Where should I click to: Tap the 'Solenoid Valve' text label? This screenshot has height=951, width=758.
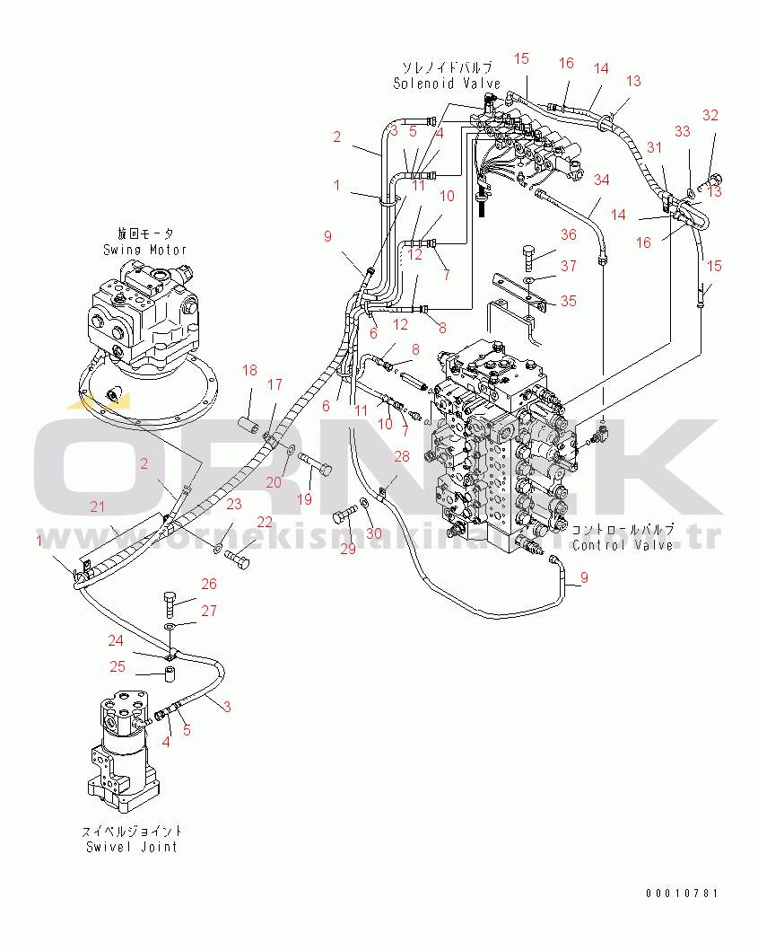click(x=446, y=84)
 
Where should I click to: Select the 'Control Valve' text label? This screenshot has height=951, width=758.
click(x=623, y=545)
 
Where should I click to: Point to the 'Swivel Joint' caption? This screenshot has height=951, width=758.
click(x=132, y=846)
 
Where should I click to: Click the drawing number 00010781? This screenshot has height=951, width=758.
click(x=682, y=894)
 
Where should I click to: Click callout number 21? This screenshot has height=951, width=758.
click(x=97, y=507)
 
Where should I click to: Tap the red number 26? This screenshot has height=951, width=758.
click(x=208, y=585)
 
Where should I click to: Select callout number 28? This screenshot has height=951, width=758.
click(x=402, y=457)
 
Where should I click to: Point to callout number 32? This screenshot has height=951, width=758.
click(x=710, y=115)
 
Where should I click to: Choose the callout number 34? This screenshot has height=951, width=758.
click(x=601, y=181)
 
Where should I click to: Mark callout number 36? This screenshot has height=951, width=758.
click(x=569, y=235)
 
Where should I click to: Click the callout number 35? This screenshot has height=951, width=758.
click(x=569, y=301)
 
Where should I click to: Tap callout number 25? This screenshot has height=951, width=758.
click(x=118, y=666)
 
